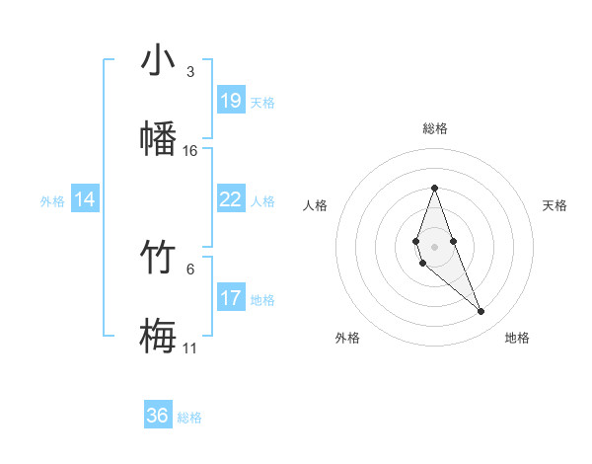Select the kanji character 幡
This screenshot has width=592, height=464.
click(x=158, y=138)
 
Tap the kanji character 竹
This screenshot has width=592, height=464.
click(x=158, y=259)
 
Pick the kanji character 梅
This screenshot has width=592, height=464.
click(x=158, y=336)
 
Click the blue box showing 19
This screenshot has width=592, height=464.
click(x=231, y=101)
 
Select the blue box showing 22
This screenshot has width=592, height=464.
click(x=231, y=199)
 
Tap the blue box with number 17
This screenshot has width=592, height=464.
click(x=231, y=298)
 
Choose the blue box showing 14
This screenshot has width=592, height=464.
click(x=85, y=199)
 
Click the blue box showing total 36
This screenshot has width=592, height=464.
click(x=158, y=416)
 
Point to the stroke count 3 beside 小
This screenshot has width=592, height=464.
click(x=190, y=72)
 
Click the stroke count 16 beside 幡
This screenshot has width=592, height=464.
click(x=190, y=151)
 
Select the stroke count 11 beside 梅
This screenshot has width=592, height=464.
click(x=190, y=348)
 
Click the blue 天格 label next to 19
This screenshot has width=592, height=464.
click(x=262, y=102)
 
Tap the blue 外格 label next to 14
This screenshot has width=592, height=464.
click(x=52, y=200)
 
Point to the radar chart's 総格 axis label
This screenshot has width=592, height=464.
click(x=434, y=128)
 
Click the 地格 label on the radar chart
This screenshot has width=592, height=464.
click(x=517, y=338)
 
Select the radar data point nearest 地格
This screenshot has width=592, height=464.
click(x=481, y=312)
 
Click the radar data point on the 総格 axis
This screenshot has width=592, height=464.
click(x=434, y=188)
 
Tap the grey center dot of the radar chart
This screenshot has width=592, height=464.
click(x=434, y=246)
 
